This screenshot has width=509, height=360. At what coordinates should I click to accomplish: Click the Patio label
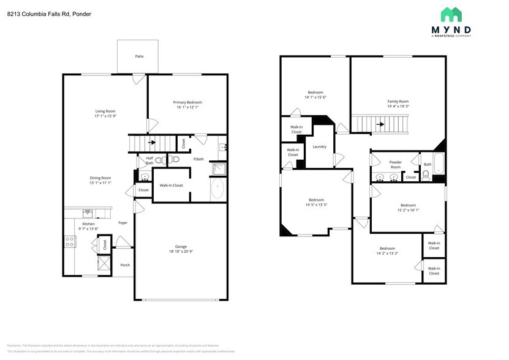pyautogui.click(x=139, y=56)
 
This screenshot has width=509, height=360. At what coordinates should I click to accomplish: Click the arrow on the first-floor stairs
pyautogui.click(x=151, y=143)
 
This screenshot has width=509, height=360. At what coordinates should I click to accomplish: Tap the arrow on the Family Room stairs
pyautogui.click(x=380, y=124)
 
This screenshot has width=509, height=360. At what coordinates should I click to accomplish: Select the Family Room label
pyautogui.click(x=398, y=102)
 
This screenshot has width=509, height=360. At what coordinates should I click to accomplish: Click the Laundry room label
pyautogui.click(x=319, y=146)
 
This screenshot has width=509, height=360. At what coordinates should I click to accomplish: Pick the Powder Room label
pyautogui.click(x=395, y=165)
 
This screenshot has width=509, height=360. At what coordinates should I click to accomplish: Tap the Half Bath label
pyautogui.click(x=149, y=160)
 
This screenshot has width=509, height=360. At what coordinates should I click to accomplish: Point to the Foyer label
pyautogui.click(x=123, y=223)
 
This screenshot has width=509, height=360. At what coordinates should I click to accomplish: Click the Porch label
pyautogui.click(x=125, y=265)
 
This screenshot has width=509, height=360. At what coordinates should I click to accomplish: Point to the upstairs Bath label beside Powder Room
pyautogui.click(x=428, y=164)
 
